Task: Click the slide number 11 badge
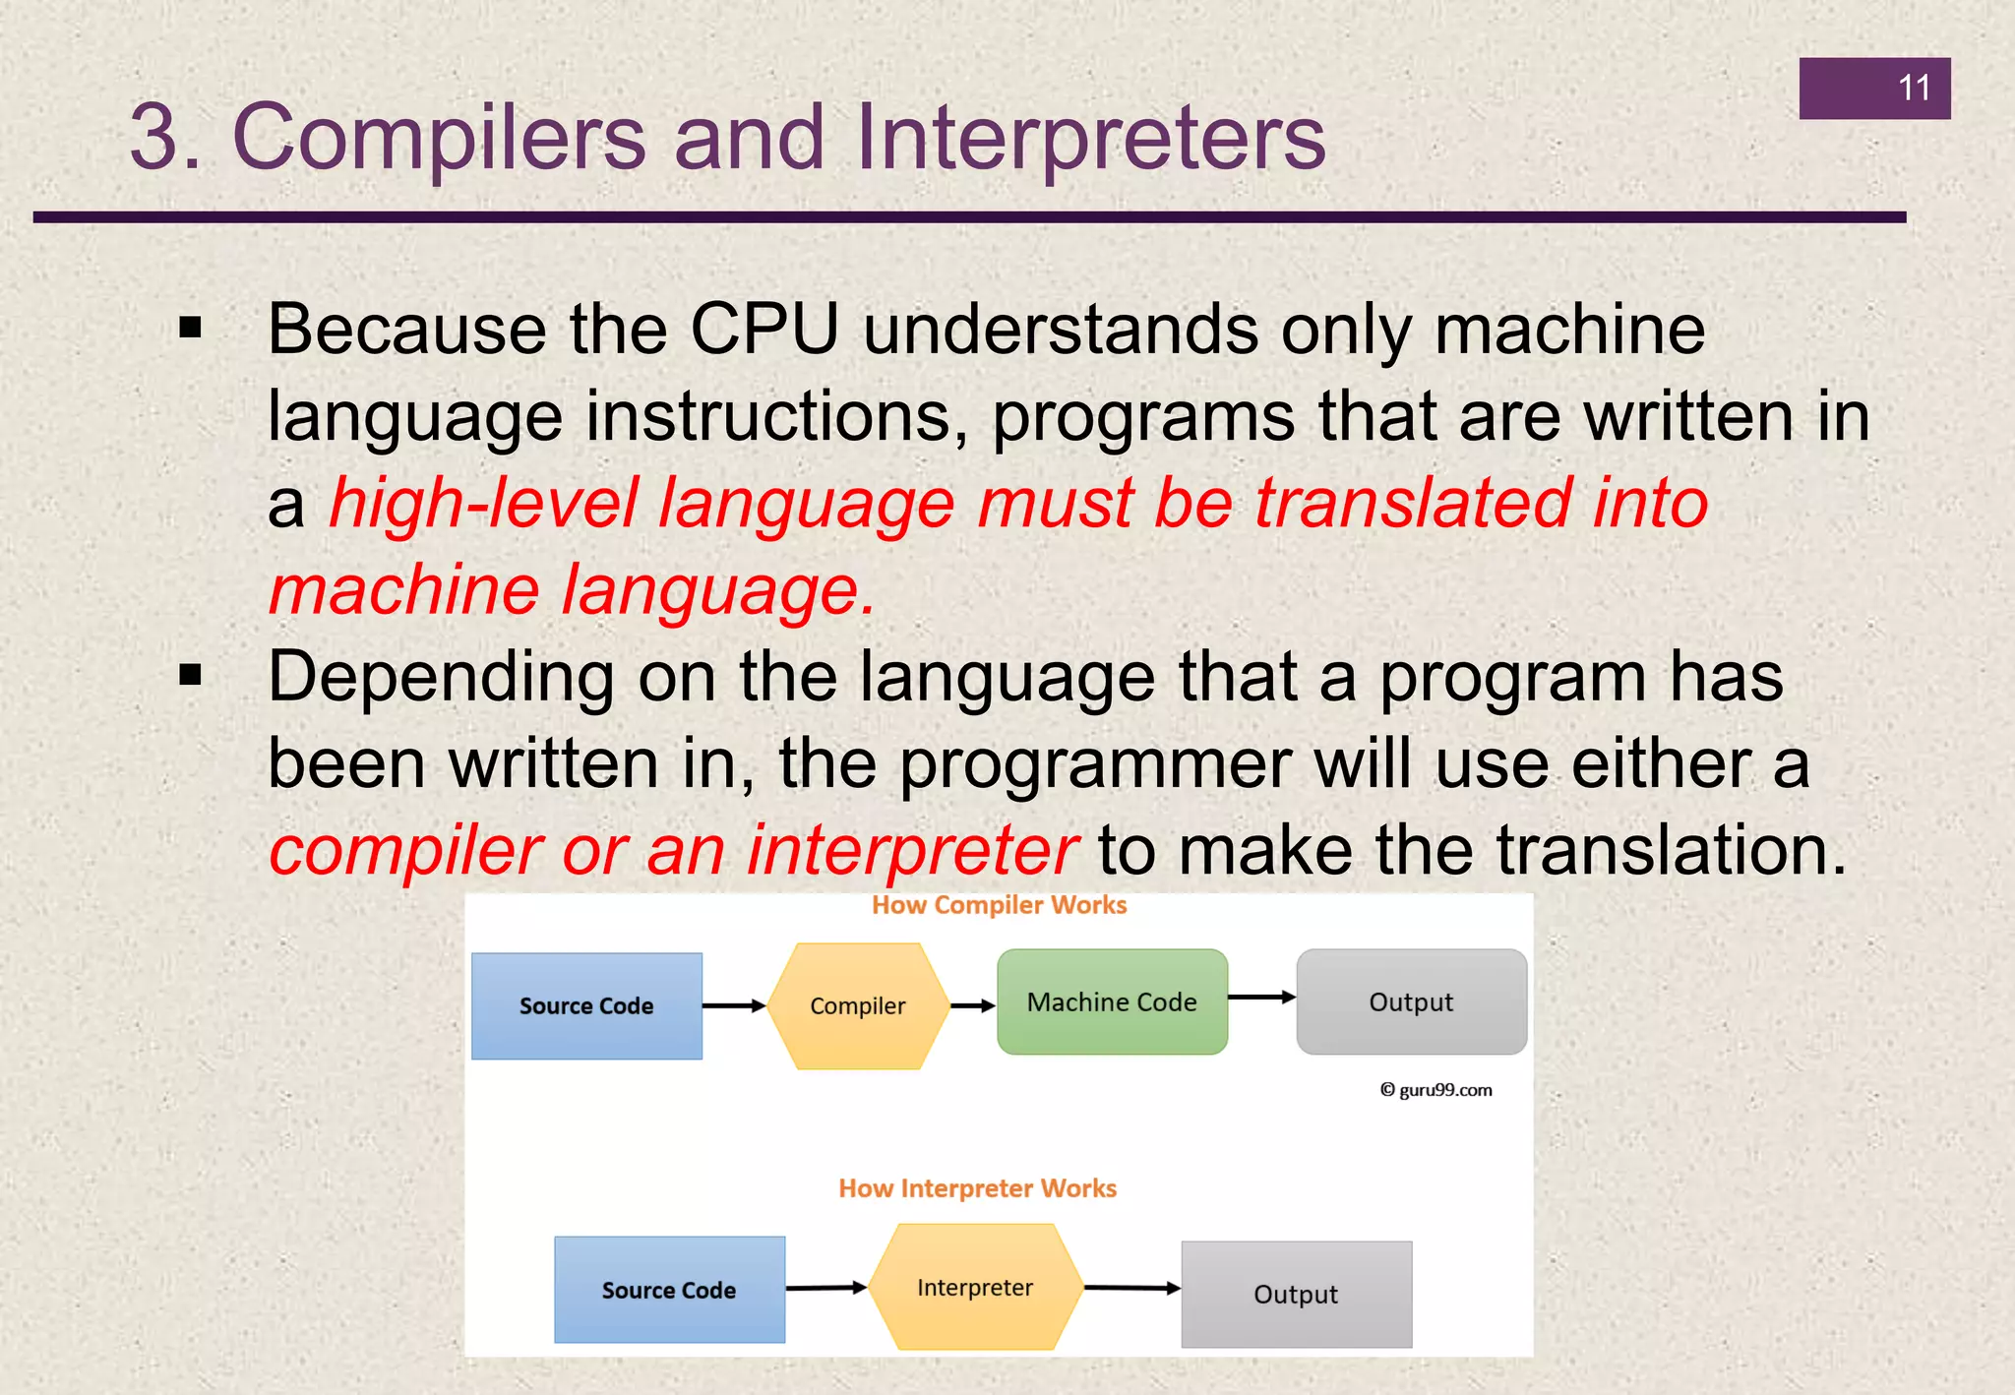coord(1874,89)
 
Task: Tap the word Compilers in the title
coord(438,138)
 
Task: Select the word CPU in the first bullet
coord(763,329)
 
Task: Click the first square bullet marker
coord(191,329)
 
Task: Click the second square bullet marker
coord(191,676)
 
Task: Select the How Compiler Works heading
coord(999,905)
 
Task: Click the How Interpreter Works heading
coord(977,1188)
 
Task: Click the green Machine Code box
coord(1112,1002)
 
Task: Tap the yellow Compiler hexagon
coord(857,1005)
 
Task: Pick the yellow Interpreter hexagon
coord(974,1287)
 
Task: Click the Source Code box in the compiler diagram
coord(586,1005)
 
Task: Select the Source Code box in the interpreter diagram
coord(669,1290)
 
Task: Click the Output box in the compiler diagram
coord(1411,1002)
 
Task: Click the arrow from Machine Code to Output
coord(1261,998)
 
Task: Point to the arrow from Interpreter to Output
coord(1131,1288)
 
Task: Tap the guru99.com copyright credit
coord(1436,1090)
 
